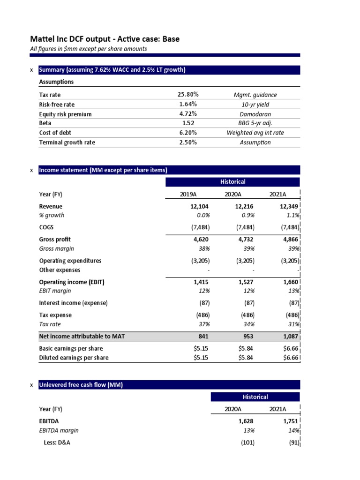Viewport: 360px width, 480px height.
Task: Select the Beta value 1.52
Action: pyautogui.click(x=188, y=123)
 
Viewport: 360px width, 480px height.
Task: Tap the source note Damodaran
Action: pyautogui.click(x=255, y=114)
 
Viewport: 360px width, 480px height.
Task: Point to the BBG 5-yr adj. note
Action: pyautogui.click(x=255, y=123)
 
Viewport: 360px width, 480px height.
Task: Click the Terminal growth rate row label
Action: pyautogui.click(x=67, y=142)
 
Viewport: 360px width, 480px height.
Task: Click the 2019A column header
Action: pyautogui.click(x=188, y=195)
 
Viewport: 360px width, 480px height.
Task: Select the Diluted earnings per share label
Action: pyautogui.click(x=74, y=358)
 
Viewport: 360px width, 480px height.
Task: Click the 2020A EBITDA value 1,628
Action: pyautogui.click(x=246, y=421)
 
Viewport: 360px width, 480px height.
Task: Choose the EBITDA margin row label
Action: pyautogui.click(x=59, y=430)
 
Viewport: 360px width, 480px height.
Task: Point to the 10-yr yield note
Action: pyautogui.click(x=255, y=105)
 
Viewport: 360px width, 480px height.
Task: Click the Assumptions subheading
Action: pyautogui.click(x=56, y=82)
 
